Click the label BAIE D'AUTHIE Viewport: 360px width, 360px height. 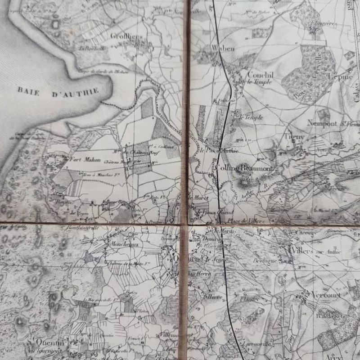pyautogui.click(x=58, y=90)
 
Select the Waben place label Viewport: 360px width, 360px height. pyautogui.click(x=223, y=48)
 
